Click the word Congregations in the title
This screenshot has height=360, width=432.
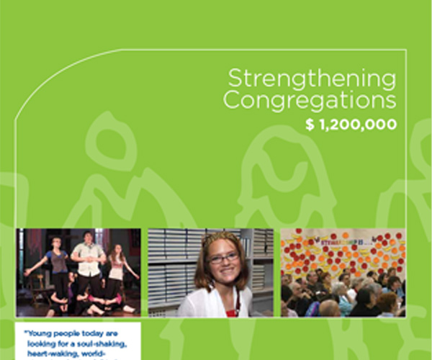310,100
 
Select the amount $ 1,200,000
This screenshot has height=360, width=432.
351,124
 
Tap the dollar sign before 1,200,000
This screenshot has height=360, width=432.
310,124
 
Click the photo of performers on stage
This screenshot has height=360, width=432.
79,272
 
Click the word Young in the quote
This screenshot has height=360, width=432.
43,333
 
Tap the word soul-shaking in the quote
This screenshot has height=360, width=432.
108,343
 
